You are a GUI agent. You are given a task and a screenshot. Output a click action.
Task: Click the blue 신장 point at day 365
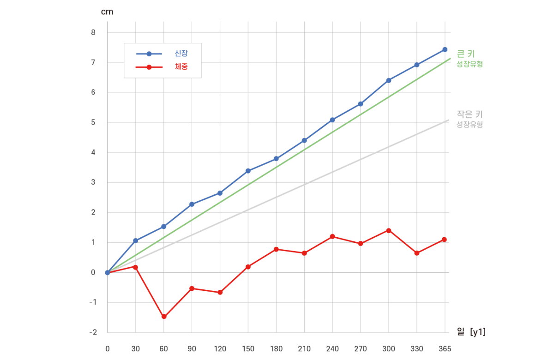pyautogui.click(x=445, y=49)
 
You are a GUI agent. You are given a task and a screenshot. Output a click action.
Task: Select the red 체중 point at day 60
pyautogui.click(x=164, y=317)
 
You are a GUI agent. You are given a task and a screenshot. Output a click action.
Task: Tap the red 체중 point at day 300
pyautogui.click(x=389, y=230)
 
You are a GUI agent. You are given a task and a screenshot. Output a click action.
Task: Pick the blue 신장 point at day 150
pyautogui.click(x=248, y=171)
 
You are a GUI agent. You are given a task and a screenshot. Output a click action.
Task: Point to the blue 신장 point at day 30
pyautogui.click(x=136, y=240)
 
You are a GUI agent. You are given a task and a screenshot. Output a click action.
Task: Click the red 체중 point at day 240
pyautogui.click(x=332, y=236)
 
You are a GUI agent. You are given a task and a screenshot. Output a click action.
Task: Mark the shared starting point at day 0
pyautogui.click(x=108, y=272)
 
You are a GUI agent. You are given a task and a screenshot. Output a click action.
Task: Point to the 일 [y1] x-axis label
pyautogui.click(x=470, y=331)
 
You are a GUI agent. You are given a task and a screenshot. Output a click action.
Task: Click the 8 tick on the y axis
pyautogui.click(x=93, y=32)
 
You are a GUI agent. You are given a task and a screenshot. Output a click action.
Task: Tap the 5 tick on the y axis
pyautogui.click(x=93, y=122)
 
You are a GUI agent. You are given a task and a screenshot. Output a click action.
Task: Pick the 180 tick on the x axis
pyautogui.click(x=276, y=349)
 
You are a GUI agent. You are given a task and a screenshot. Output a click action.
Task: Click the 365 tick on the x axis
pyautogui.click(x=445, y=349)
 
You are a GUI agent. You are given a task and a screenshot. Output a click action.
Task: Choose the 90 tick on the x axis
pyautogui.click(x=192, y=349)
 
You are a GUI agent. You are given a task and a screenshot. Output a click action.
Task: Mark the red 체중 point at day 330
pyautogui.click(x=417, y=253)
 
